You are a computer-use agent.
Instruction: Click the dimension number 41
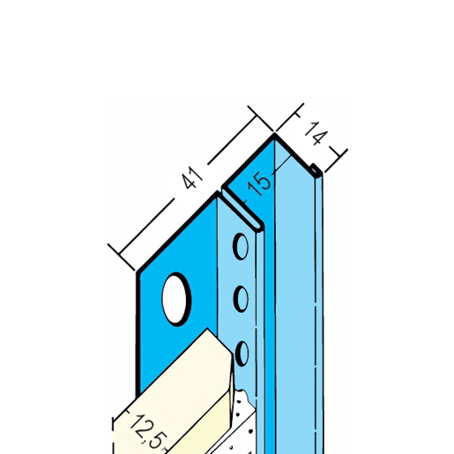click(x=192, y=178)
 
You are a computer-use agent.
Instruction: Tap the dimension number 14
click(x=316, y=133)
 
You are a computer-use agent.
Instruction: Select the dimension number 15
click(x=259, y=184)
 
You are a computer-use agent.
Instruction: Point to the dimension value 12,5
click(x=146, y=432)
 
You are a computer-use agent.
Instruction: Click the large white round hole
click(x=176, y=299)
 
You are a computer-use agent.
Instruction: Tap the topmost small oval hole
click(x=241, y=246)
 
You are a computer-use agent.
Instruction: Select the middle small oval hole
click(x=241, y=299)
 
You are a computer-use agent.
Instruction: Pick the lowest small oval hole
click(x=242, y=354)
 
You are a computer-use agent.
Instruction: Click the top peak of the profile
click(x=274, y=135)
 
